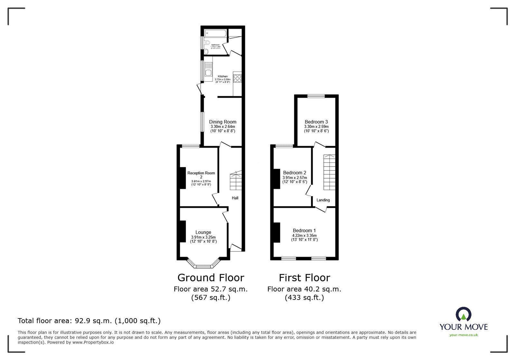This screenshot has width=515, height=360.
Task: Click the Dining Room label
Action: point(222,122)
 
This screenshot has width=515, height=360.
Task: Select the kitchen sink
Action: point(208,72)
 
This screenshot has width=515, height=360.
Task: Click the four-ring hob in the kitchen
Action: point(237,78)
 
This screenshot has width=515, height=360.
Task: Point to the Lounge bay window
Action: point(203,266)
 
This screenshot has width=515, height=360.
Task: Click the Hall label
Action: point(235,198)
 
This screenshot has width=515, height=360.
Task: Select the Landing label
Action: point(323,200)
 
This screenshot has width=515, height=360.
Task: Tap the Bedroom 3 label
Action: point(316,122)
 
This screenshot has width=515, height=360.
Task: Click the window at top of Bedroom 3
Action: point(316,96)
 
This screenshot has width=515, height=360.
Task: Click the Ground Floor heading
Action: point(211,278)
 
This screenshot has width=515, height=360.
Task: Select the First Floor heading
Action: point(304,278)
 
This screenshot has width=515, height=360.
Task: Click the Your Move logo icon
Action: point(464,314)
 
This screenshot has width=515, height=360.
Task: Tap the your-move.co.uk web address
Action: point(464,335)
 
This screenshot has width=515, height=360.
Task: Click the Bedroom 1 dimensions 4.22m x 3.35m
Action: point(304,235)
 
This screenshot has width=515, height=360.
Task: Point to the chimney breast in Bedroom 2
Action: point(276,179)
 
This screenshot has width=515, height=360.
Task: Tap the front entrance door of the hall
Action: point(236,247)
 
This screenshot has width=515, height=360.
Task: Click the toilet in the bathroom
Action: point(207,43)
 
